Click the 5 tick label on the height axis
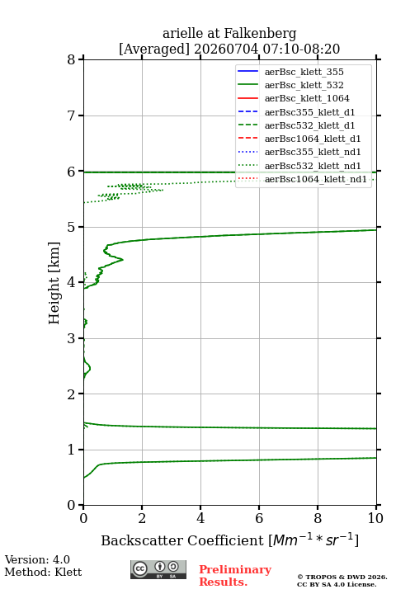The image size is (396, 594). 72,227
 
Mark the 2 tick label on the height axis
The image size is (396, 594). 72,394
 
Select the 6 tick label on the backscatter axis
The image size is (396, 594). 259,518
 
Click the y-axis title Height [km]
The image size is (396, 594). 54,283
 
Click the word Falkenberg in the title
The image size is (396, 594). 259,33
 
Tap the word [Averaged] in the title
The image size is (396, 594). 154,49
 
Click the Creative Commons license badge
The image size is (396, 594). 158,569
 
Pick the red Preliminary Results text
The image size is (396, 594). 235,576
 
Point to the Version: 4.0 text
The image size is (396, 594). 37,559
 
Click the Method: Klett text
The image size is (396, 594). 43,572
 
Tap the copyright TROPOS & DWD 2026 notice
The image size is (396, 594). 342,577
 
